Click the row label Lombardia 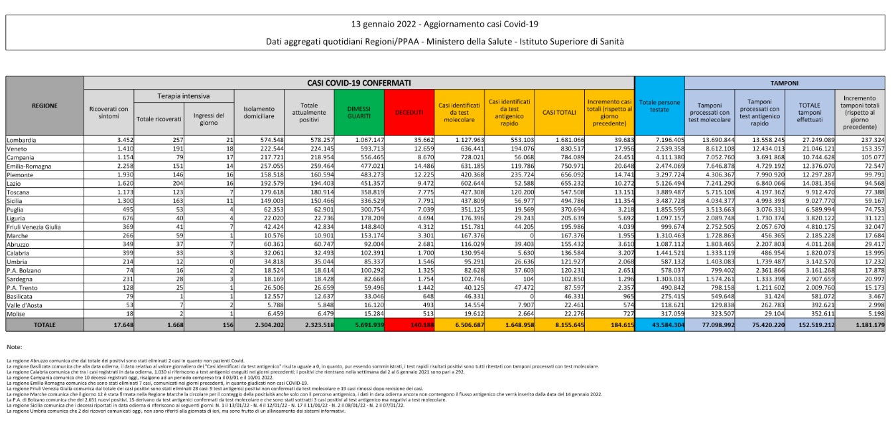point(22,140)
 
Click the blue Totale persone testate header point(659,106)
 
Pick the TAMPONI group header point(784,83)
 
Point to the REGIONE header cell point(44,106)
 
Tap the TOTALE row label point(44,325)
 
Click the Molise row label point(17,314)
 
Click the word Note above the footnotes point(14,347)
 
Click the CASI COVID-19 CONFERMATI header point(359,83)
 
